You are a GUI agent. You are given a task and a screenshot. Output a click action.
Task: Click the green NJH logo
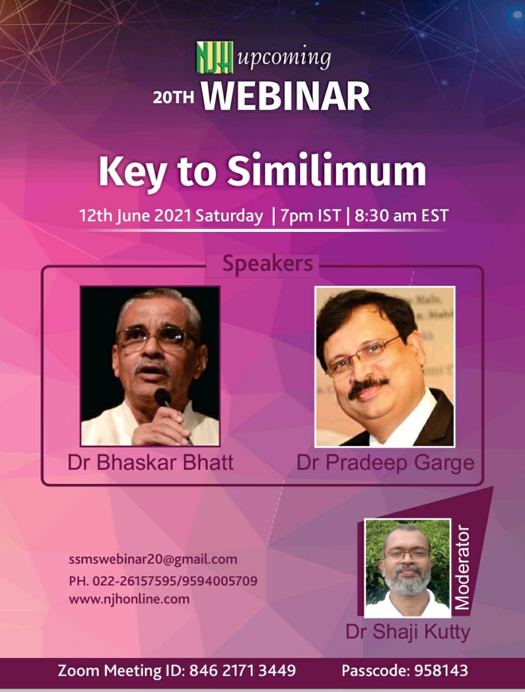point(215,57)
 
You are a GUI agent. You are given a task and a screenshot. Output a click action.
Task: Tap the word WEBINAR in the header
point(285,96)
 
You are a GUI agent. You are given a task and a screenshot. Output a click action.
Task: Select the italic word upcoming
point(284,58)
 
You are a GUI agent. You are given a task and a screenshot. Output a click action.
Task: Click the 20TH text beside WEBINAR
point(174,98)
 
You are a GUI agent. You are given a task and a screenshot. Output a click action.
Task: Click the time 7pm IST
point(310,216)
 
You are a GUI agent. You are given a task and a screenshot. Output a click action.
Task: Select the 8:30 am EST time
point(401,216)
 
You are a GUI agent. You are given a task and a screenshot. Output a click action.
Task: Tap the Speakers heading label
point(268,264)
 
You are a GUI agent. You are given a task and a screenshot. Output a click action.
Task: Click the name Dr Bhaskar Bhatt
point(150,463)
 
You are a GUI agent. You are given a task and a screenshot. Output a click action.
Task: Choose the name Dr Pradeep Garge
point(386,463)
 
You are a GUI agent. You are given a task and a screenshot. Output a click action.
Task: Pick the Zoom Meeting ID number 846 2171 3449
point(242,670)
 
